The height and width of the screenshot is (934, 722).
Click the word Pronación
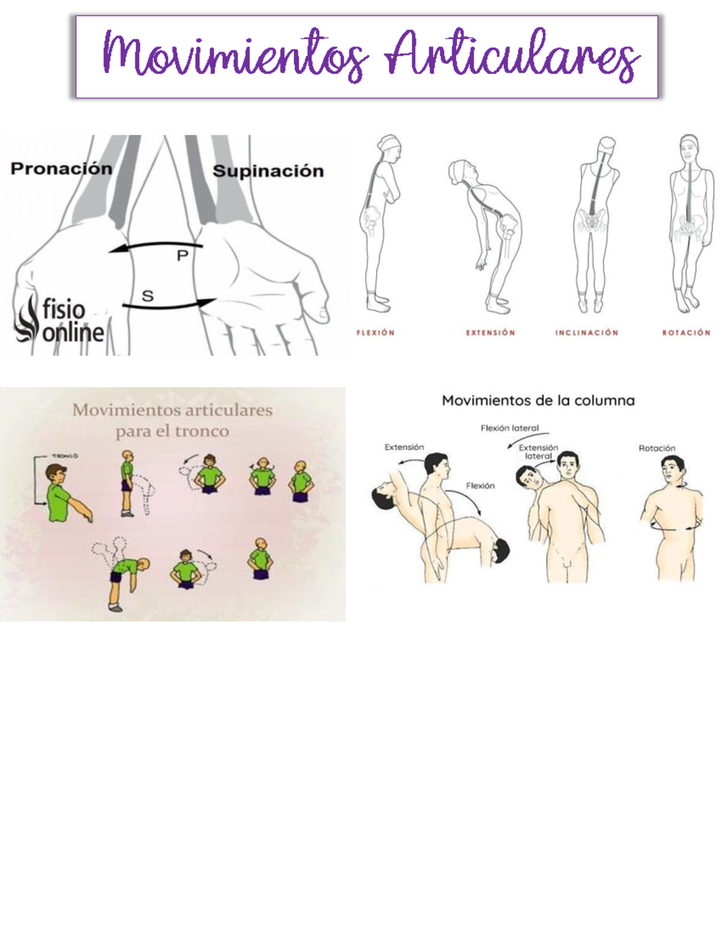click(61, 168)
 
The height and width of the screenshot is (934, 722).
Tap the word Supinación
click(268, 171)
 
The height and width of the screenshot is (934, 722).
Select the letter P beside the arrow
click(182, 256)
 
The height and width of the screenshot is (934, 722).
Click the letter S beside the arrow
click(147, 296)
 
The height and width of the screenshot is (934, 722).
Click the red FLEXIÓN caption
click(375, 333)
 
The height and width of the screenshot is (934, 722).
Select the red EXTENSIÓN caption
click(490, 333)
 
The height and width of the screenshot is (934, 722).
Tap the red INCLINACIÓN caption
click(587, 333)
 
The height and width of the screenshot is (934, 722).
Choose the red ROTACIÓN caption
click(686, 333)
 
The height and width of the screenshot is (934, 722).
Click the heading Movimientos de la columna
click(538, 401)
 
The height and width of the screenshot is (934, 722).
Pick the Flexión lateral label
click(510, 428)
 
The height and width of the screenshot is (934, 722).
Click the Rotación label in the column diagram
click(657, 448)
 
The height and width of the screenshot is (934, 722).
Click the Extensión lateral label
click(538, 452)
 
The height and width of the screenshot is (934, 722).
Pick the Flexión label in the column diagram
click(480, 485)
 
